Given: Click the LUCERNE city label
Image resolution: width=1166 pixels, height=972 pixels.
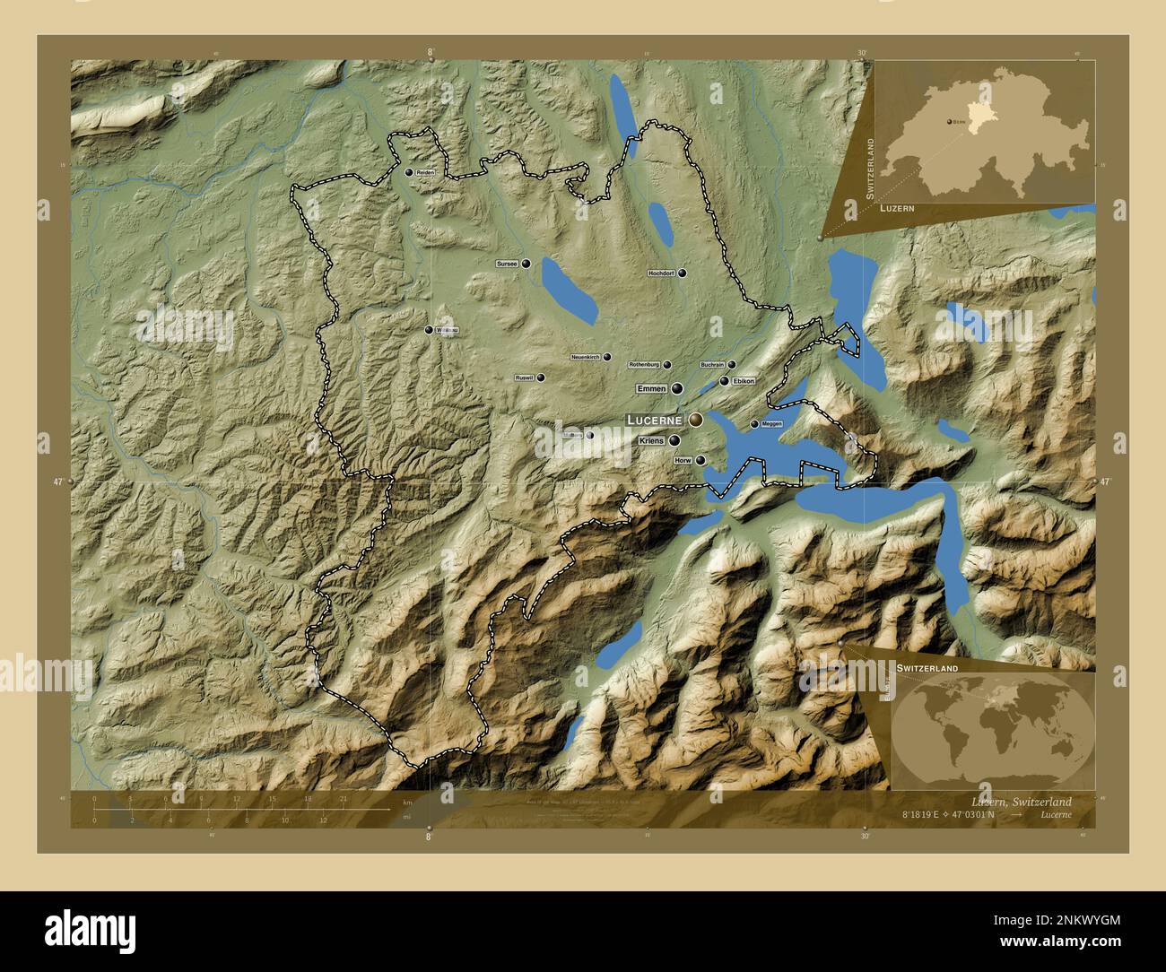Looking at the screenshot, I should (x=655, y=420).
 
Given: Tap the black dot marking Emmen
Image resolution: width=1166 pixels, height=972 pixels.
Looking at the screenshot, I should (x=677, y=388).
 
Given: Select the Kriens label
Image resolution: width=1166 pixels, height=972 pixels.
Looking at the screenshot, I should (x=651, y=441).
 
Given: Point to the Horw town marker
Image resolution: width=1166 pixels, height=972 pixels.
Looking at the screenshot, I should (x=700, y=461).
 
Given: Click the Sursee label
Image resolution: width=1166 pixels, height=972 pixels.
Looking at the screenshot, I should (x=508, y=264).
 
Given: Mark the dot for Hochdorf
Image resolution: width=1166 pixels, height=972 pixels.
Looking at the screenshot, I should (x=683, y=273).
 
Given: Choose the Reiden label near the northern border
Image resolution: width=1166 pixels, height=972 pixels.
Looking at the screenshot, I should (x=425, y=172).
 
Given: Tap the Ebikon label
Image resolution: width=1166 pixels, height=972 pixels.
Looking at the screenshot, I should (x=744, y=381).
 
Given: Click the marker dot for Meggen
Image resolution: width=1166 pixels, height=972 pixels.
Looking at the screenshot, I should (x=753, y=424).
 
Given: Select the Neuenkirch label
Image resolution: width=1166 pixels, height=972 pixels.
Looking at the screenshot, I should (x=585, y=357).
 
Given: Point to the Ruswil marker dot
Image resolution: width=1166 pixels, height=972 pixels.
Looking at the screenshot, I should (x=541, y=378).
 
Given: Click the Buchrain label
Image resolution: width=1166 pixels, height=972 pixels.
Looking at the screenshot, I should (x=712, y=365).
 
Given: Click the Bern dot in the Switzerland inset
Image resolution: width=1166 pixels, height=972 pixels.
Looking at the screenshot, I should (x=947, y=120).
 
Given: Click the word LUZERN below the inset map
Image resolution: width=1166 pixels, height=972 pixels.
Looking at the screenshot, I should (x=897, y=207).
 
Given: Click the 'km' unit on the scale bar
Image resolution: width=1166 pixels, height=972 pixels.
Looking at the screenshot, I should (x=407, y=802).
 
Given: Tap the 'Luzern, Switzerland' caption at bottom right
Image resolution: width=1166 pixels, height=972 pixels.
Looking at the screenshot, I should (x=1021, y=801).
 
